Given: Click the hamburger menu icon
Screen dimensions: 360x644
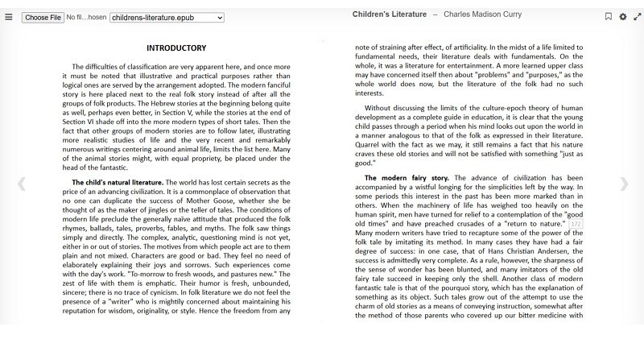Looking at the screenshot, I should [9, 17].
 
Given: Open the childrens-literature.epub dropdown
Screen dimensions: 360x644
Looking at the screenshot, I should [167, 17].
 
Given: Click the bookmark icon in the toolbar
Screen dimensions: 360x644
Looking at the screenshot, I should [609, 17].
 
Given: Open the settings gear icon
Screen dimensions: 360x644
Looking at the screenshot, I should [623, 17].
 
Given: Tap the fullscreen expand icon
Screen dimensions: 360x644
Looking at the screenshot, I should [638, 17].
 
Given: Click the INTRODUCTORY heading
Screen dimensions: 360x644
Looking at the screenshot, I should [176, 48].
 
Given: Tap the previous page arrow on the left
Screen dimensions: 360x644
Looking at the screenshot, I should [21, 184].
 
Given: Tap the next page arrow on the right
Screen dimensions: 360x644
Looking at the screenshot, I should [624, 184].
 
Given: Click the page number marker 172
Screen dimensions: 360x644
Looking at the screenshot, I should [576, 223].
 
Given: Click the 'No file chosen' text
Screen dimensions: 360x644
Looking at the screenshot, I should [86, 17].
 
